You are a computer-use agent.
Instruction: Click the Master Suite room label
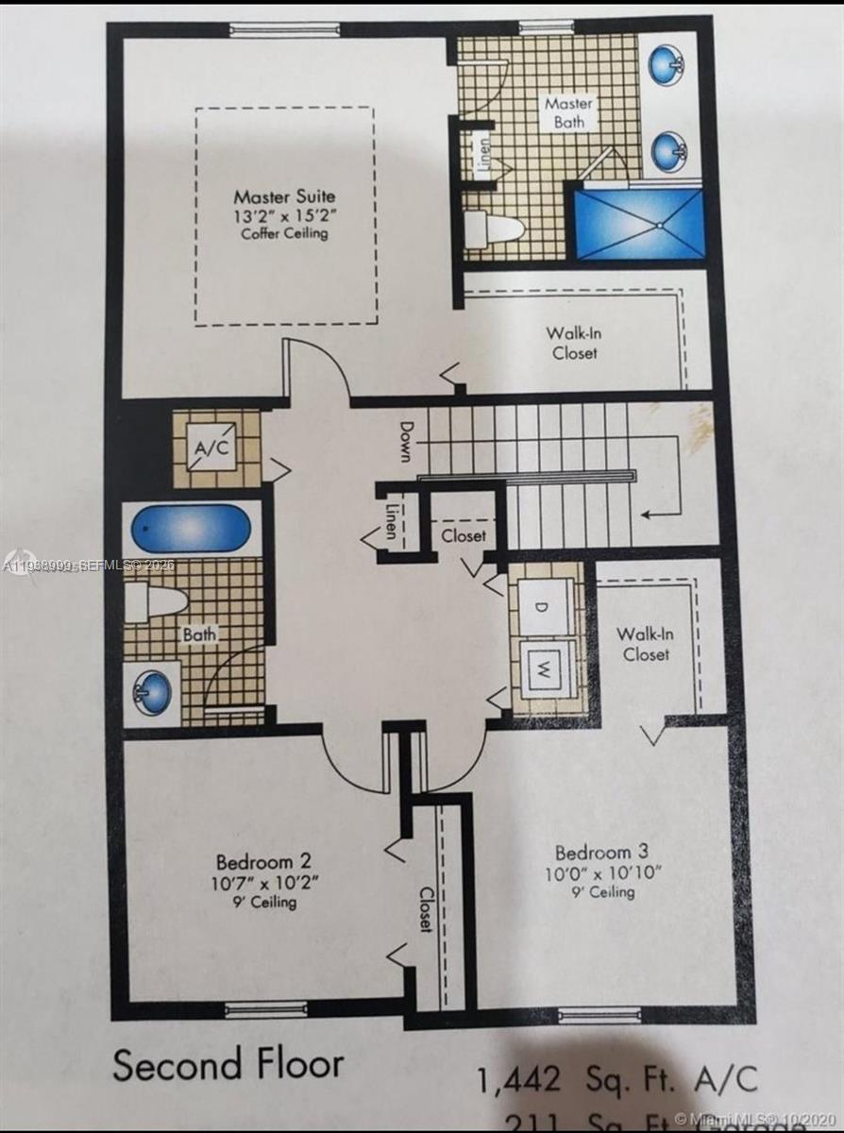(284, 197)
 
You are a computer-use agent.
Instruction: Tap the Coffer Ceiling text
(284, 233)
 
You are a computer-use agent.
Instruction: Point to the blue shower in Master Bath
(639, 223)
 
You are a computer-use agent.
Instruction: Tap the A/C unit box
(211, 448)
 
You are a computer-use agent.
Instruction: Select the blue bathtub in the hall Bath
(192, 528)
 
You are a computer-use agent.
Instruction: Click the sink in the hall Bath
(151, 691)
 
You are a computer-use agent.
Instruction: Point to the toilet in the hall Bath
(158, 601)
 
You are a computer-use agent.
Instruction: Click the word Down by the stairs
(405, 442)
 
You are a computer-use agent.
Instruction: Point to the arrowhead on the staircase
(647, 515)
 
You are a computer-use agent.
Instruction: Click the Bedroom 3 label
(601, 852)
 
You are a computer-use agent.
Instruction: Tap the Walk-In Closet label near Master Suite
(574, 343)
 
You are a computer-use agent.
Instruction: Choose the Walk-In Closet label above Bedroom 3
(646, 644)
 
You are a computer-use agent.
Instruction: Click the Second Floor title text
(228, 1064)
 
